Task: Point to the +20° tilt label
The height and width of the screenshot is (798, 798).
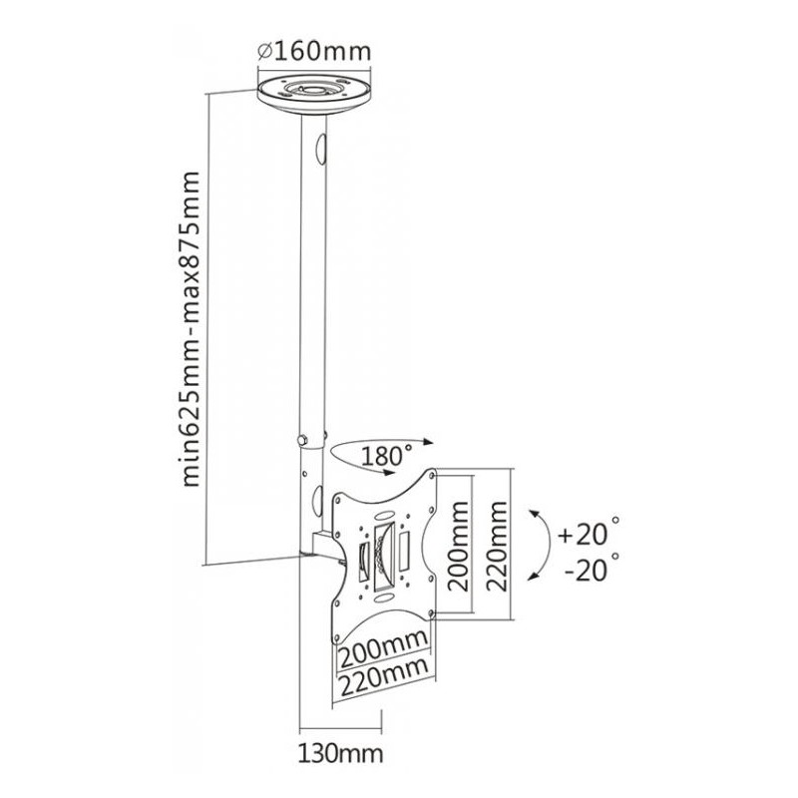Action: [589, 534]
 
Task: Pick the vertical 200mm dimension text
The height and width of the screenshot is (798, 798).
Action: [458, 547]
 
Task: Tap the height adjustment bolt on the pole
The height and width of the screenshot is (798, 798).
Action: [298, 439]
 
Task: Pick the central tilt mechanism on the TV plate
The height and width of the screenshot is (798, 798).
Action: [383, 554]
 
